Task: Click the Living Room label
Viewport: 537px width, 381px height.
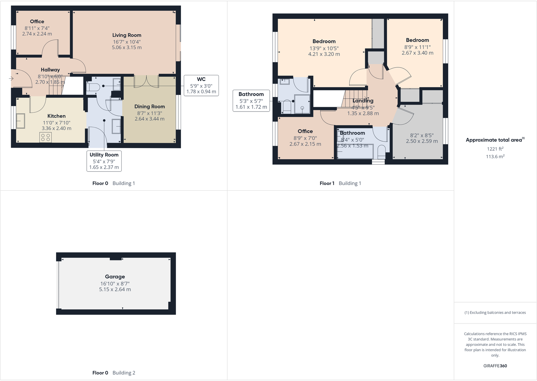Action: (x=127, y=35)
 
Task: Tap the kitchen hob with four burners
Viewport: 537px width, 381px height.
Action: (x=46, y=137)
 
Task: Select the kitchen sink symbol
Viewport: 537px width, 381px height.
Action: (x=20, y=121)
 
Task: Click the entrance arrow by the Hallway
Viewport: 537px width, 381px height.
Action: (x=11, y=79)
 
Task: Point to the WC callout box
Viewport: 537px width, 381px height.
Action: (x=201, y=85)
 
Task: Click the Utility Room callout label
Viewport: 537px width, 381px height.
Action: (x=104, y=155)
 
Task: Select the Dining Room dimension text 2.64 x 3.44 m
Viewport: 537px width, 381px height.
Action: (x=150, y=119)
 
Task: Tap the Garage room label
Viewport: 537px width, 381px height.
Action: (x=115, y=277)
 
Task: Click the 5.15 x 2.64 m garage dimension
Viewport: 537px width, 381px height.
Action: (x=115, y=289)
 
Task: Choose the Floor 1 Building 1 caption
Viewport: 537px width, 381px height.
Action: (x=340, y=183)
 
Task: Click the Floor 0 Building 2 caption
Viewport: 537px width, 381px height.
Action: (x=113, y=373)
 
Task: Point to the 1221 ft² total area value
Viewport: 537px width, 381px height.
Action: (x=495, y=149)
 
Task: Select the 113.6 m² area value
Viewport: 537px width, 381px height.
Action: (x=495, y=157)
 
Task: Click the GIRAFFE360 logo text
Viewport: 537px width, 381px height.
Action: (x=495, y=366)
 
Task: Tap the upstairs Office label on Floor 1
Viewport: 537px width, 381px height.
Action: (x=305, y=131)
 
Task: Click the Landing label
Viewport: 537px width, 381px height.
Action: (x=363, y=101)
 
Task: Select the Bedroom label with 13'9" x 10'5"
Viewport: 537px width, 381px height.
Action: (x=324, y=41)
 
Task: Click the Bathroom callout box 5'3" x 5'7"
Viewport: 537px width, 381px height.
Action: (x=251, y=100)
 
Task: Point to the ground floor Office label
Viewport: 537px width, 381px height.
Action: (x=37, y=21)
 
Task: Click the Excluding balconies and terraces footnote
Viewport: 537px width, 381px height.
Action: (x=495, y=312)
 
